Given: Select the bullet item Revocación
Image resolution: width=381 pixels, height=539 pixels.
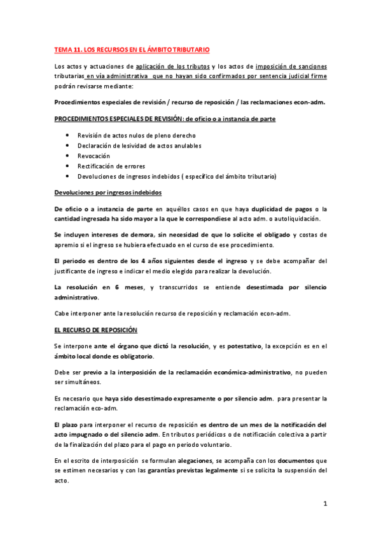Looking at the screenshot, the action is click(94, 156).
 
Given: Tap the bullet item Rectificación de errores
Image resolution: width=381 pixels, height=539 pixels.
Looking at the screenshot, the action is click(107, 166).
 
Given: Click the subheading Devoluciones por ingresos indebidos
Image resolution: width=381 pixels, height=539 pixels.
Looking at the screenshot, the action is click(108, 192).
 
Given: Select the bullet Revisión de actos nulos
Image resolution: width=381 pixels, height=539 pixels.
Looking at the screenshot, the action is click(136, 135).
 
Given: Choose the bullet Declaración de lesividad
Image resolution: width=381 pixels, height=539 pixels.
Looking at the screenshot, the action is click(139, 146).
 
